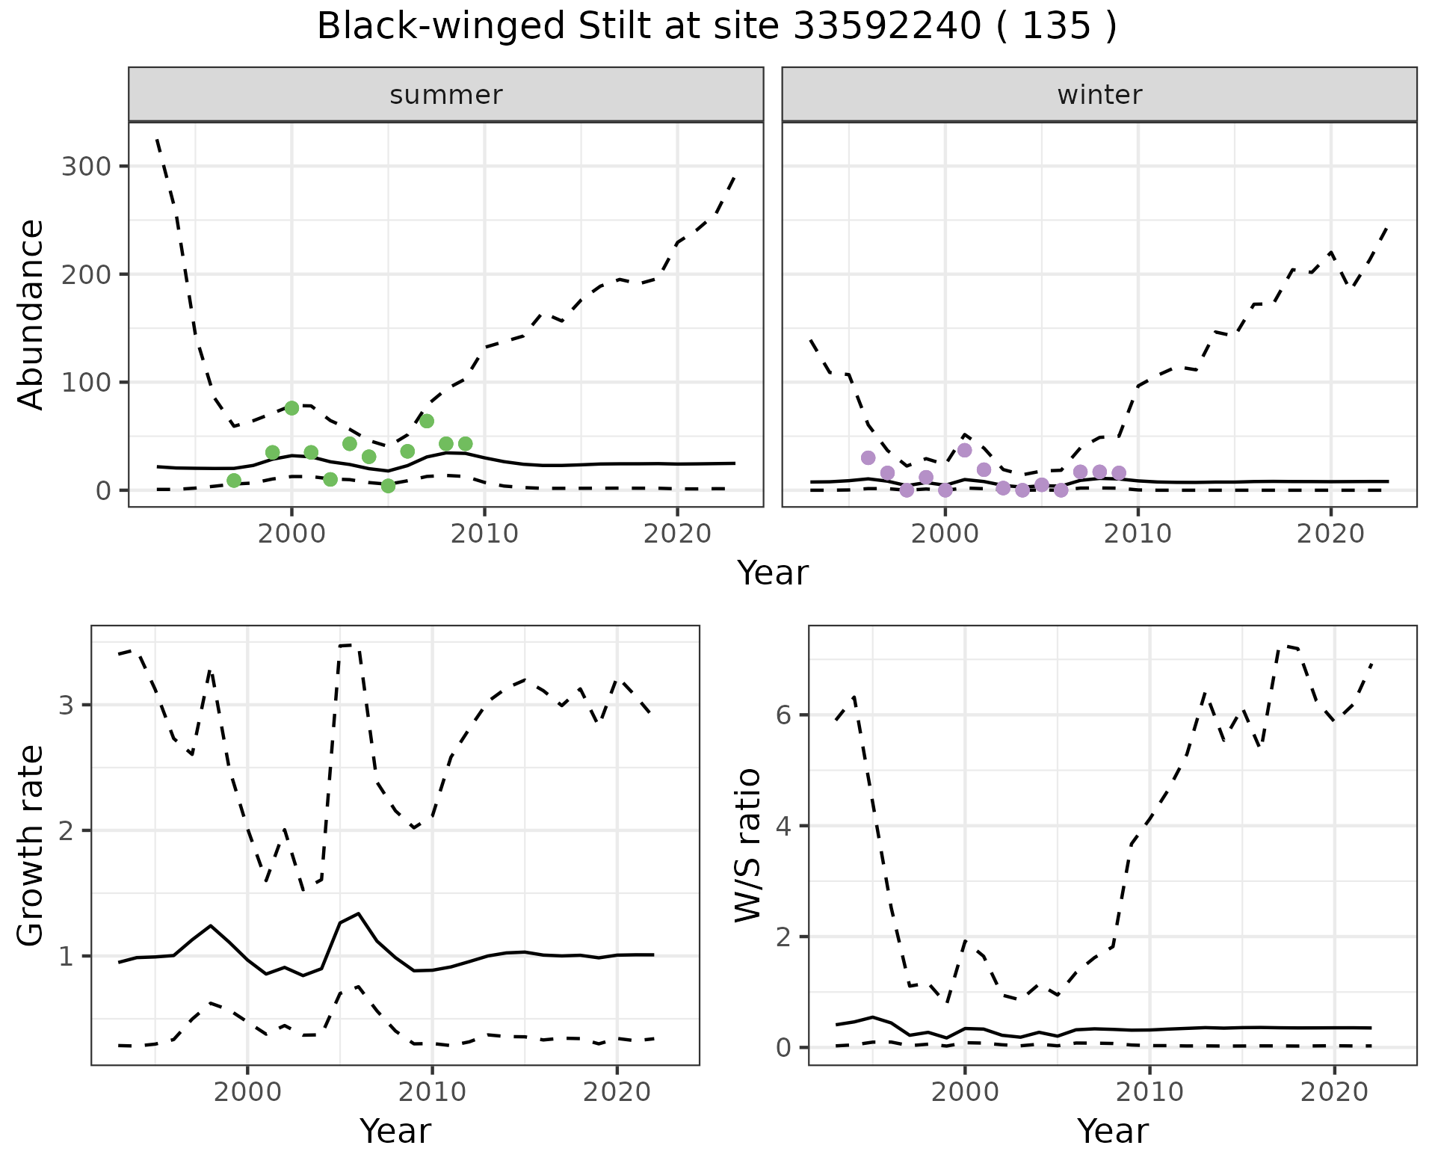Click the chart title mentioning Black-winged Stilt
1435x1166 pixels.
point(717,27)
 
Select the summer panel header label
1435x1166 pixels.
point(446,95)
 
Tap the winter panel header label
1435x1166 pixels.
point(1099,95)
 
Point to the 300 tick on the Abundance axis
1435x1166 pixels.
point(85,166)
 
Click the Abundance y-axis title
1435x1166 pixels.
point(31,315)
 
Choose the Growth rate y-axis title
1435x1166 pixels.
point(31,845)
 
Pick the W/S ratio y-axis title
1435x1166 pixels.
point(748,845)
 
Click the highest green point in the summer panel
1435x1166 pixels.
point(291,408)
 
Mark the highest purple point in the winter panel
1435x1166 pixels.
point(964,450)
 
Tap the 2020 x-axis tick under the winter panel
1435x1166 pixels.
point(1330,534)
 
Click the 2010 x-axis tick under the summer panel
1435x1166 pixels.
point(484,534)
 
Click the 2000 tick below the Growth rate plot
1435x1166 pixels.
point(248,1092)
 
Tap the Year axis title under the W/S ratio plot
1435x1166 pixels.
point(1113,1131)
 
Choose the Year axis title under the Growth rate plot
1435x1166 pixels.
point(395,1131)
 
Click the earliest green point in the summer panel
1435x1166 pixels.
point(234,481)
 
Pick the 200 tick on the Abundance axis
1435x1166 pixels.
point(85,274)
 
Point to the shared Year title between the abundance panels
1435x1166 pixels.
point(773,573)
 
